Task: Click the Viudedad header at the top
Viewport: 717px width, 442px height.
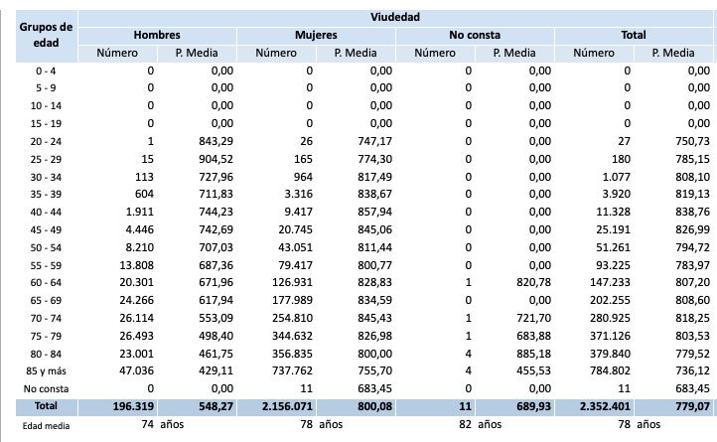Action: coord(394,17)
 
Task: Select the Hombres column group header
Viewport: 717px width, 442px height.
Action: coord(156,35)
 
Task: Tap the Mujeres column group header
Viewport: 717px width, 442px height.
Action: coord(316,35)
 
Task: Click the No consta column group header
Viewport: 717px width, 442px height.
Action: coord(474,35)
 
